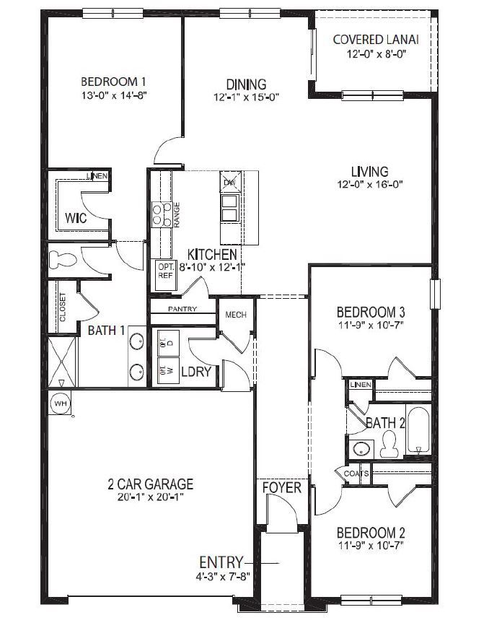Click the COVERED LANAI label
[x=376, y=39]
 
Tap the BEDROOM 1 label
[x=115, y=81]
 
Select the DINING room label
[x=246, y=84]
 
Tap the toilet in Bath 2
[x=389, y=442]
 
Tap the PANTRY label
[x=182, y=309]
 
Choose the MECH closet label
[x=236, y=315]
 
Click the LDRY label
[x=196, y=372]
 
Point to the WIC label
[x=76, y=217]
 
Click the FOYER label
[x=281, y=488]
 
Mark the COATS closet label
[x=356, y=474]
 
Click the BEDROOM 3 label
[x=371, y=312]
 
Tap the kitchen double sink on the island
[x=230, y=209]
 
